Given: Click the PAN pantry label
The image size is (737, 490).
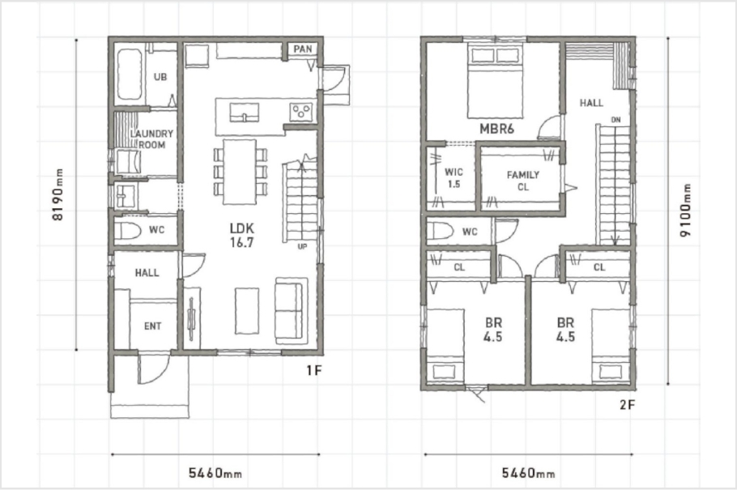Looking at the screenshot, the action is click(302, 49).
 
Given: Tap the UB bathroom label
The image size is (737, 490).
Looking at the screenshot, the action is click(160, 77).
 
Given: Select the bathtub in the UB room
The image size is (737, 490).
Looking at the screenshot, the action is click(130, 75).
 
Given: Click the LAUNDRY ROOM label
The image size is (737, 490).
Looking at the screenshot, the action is click(151, 139).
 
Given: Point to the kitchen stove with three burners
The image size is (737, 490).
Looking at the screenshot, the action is click(301, 112).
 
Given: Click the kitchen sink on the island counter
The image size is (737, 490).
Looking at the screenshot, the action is click(244, 113).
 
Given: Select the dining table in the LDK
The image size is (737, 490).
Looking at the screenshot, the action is click(239, 172).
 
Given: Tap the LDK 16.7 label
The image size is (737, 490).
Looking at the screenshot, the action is click(242, 235).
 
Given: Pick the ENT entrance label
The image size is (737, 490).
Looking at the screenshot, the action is click(153, 326).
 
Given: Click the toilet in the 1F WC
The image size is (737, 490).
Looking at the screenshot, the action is click(128, 231).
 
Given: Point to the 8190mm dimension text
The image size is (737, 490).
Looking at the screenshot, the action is click(58, 194).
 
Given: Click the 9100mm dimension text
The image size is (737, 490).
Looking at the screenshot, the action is click(686, 211).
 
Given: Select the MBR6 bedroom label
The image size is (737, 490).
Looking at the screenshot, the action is click(496, 129).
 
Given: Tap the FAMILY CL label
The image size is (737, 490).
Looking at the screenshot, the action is click(522, 181).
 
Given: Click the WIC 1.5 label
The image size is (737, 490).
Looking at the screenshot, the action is click(454, 177).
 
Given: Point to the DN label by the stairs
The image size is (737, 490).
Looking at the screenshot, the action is click(616, 120).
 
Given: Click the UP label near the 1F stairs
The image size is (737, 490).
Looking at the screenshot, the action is click(302, 246).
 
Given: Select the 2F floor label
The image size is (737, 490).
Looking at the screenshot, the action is click(628, 404).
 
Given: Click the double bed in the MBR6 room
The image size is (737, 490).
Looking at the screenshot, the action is click(495, 80).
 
